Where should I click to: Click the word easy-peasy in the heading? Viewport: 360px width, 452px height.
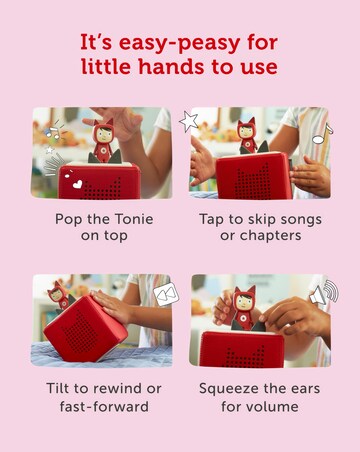(x=179, y=43)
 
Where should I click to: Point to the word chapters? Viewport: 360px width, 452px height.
(x=270, y=236)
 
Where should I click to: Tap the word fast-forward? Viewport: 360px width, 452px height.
(x=104, y=406)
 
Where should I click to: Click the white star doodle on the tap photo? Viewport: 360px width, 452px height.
(x=189, y=122)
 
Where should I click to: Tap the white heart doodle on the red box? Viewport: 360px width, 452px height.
(x=77, y=184)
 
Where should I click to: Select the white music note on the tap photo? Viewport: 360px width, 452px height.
(x=322, y=134)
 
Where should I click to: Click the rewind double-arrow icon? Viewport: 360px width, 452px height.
(x=166, y=294)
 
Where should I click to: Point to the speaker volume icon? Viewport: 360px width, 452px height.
(x=324, y=292)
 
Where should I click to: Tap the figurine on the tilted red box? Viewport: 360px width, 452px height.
(x=59, y=296)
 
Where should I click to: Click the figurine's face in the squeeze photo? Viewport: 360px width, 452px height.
(x=244, y=302)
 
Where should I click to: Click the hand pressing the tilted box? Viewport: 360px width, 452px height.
(x=113, y=307)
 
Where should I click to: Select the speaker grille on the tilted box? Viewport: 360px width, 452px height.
(x=77, y=331)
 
